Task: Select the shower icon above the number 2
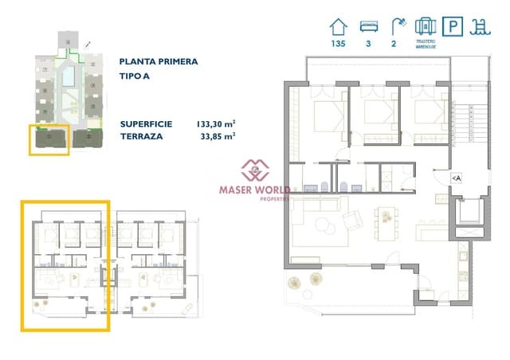[394, 25]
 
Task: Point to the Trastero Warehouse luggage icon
[425, 25]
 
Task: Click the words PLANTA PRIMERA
[159, 61]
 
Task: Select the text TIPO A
[135, 77]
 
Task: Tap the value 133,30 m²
[215, 123]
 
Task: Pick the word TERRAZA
[142, 136]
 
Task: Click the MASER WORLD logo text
[256, 190]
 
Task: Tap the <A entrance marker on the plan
[456, 178]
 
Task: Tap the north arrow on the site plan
[87, 45]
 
